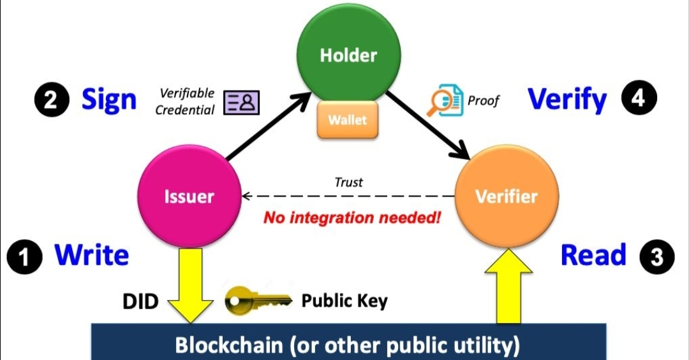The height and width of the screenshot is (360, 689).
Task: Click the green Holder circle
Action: (348, 56)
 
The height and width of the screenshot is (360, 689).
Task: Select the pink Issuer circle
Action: (189, 196)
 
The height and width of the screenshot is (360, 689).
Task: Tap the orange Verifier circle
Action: (506, 196)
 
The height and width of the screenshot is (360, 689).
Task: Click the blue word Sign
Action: (108, 100)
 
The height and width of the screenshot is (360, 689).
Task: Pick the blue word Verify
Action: (567, 100)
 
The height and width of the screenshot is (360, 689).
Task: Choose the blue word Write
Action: (92, 255)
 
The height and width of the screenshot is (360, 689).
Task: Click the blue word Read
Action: (593, 255)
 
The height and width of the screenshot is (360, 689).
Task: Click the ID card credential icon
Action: (242, 102)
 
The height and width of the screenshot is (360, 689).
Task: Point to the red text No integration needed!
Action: (352, 218)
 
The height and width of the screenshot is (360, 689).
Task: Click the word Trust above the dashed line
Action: (348, 182)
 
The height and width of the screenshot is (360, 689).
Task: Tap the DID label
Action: (140, 301)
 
